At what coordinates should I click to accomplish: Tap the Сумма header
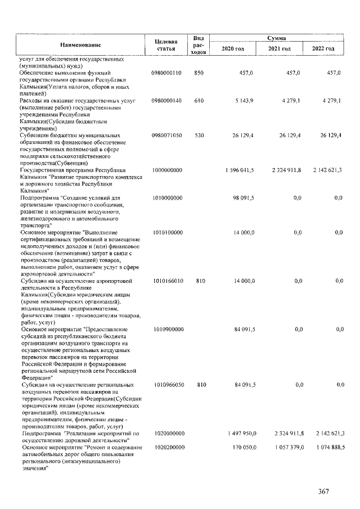[278, 37]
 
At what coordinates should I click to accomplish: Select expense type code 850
[199, 73]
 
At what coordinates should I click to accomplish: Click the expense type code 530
[199, 136]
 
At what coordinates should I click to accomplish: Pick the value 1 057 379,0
[288, 447]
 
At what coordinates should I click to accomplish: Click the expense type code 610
[199, 100]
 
